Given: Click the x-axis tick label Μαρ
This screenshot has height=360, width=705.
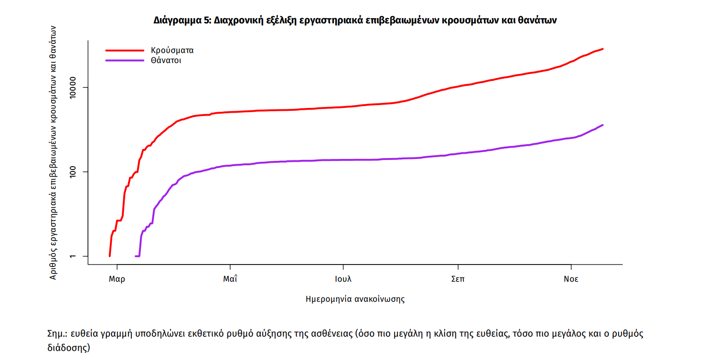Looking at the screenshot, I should click(x=117, y=279).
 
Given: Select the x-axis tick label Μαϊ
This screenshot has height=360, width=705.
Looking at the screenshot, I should click(x=230, y=279).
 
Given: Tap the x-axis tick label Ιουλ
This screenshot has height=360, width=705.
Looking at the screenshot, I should click(x=343, y=279).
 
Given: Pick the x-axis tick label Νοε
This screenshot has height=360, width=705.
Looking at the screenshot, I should click(x=571, y=279).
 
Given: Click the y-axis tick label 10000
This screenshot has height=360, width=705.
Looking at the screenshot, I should click(x=72, y=88).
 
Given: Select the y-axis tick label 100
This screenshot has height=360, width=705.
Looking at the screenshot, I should click(x=72, y=172).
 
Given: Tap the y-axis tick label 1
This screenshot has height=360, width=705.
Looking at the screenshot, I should click(x=72, y=256).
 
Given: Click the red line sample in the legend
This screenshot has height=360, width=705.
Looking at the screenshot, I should click(x=124, y=50).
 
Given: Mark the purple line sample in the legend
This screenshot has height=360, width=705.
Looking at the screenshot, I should click(x=124, y=61).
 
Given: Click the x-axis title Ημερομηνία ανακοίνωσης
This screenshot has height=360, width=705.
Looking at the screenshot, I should click(x=355, y=299).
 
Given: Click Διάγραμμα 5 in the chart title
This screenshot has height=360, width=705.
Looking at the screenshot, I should click(x=182, y=21).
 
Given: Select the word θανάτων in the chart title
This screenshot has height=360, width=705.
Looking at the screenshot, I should click(x=537, y=21).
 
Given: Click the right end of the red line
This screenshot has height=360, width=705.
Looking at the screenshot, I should click(x=603, y=49).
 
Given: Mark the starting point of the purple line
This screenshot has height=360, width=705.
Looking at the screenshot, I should click(x=136, y=256).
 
